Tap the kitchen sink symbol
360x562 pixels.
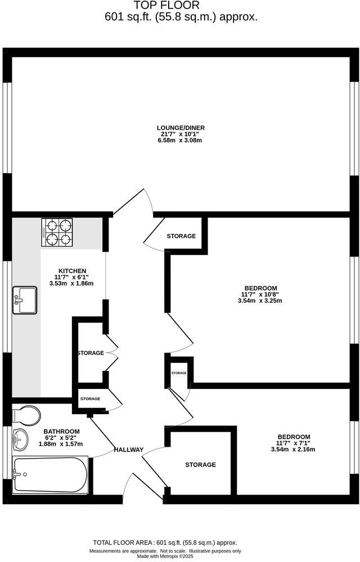point(25,300)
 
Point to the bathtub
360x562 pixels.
point(49,475)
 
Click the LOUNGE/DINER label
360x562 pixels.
point(181,128)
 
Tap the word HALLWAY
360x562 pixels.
point(129,450)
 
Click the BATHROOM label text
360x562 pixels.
point(62,431)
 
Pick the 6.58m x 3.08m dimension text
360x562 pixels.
point(181,140)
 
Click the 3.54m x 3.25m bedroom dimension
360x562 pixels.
point(259,301)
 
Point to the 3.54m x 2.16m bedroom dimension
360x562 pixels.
point(293,450)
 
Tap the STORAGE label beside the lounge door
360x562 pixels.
point(181,236)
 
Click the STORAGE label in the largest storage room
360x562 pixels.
point(200,465)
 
